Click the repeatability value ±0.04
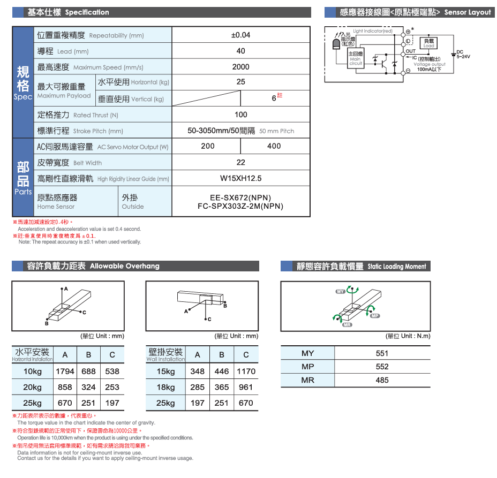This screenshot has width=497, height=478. pyautogui.click(x=240, y=35)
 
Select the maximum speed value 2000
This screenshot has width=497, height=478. pyautogui.click(x=240, y=67)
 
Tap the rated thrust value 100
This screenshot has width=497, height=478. pyautogui.click(x=240, y=115)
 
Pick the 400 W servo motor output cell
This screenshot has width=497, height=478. pyautogui.click(x=274, y=146)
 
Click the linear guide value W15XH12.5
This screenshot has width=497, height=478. pyautogui.click(x=240, y=178)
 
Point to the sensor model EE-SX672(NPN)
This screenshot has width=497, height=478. pyautogui.click(x=240, y=198)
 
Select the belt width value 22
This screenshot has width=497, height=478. pyautogui.click(x=240, y=162)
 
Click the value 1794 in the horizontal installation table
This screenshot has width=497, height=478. pyautogui.click(x=65, y=371)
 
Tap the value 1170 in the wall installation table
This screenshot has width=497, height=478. pyautogui.click(x=246, y=371)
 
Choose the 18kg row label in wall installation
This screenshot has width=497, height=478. pyautogui.click(x=165, y=387)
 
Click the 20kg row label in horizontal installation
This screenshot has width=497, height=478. pyautogui.click(x=33, y=387)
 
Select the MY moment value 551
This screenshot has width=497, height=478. pyautogui.click(x=382, y=353)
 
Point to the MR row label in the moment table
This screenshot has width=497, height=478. pyautogui.click(x=308, y=380)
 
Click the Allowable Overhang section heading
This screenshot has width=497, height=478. pyautogui.click(x=125, y=266)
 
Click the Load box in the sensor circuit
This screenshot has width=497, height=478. pyautogui.click(x=429, y=42)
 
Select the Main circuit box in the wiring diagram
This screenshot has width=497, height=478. pyautogui.click(x=356, y=59)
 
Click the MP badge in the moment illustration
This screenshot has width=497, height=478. pyautogui.click(x=375, y=315)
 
